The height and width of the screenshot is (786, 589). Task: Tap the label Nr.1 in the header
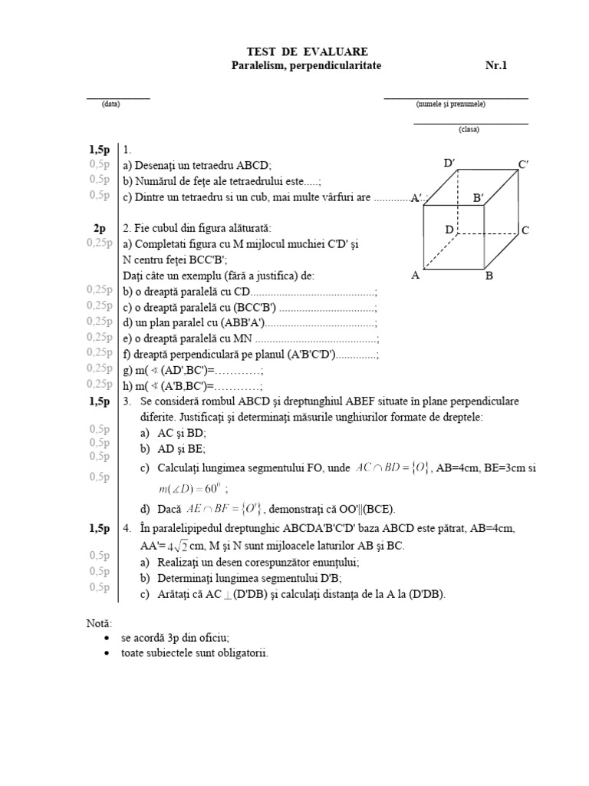pyautogui.click(x=497, y=66)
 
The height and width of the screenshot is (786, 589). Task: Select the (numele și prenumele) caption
pyautogui.click(x=450, y=104)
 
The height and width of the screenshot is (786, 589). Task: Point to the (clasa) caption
pyautogui.click(x=469, y=129)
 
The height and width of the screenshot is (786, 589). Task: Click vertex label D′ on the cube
pyautogui.click(x=450, y=163)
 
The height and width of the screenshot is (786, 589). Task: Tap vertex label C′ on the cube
pyautogui.click(x=525, y=164)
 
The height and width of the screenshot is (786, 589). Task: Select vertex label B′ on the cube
pyautogui.click(x=479, y=198)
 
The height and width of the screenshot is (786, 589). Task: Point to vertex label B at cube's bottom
pyautogui.click(x=489, y=277)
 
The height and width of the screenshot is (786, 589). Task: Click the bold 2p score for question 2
pyautogui.click(x=100, y=228)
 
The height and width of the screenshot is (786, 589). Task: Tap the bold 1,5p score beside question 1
pyautogui.click(x=100, y=149)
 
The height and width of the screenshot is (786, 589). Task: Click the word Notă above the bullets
pyautogui.click(x=99, y=623)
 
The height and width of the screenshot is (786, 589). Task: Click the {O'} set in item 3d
pyautogui.click(x=252, y=508)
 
